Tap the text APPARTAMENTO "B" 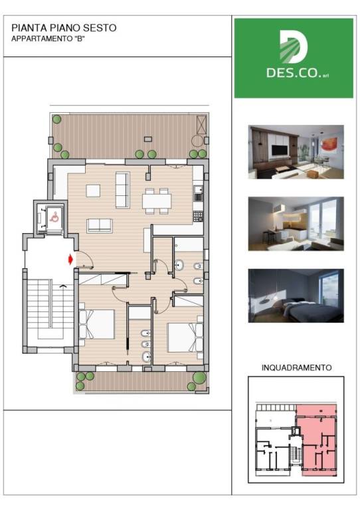48,39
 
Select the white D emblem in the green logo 294,47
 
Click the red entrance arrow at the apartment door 70,260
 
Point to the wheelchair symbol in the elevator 54,216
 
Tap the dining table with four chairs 157,201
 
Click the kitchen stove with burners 198,216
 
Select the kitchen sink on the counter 198,193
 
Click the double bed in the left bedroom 96,324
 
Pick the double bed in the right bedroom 185,337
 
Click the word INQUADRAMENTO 297,368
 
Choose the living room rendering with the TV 296,152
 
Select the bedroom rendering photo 296,296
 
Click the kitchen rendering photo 296,224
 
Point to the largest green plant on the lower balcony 199,378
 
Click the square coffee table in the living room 93,191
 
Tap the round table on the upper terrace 197,141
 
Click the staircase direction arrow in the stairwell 62,286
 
